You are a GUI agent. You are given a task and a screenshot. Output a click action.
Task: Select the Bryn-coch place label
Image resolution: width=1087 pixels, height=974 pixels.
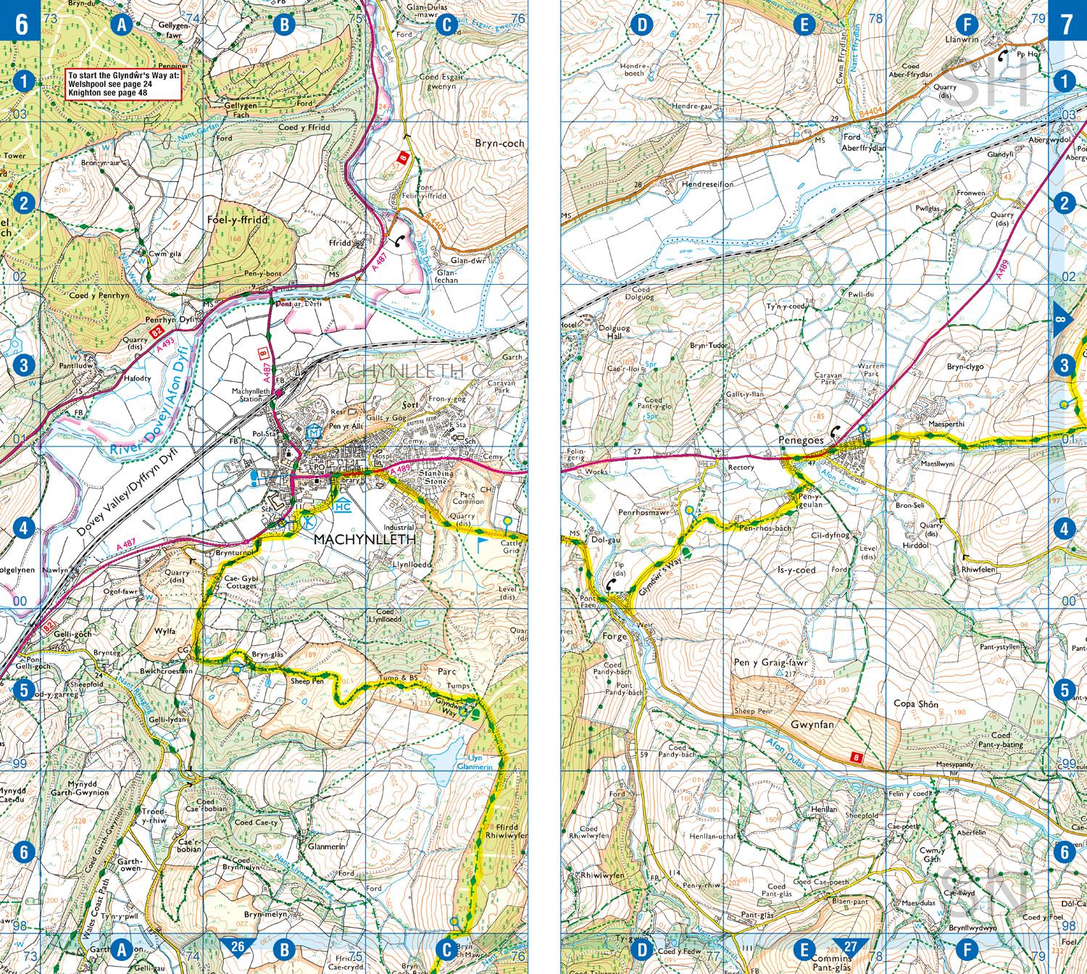click(499, 143)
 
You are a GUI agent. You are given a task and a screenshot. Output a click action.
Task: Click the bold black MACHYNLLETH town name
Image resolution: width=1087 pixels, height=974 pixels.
click(365, 540)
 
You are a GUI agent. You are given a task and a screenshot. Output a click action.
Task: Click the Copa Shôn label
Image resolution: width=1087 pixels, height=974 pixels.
click(916, 704)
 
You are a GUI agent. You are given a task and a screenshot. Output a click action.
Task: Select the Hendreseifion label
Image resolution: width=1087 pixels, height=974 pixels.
click(707, 184)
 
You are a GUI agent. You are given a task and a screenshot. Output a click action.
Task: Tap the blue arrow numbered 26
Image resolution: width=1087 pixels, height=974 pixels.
click(238, 946)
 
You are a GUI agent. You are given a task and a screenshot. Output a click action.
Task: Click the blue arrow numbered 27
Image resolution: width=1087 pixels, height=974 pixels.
click(850, 946)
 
